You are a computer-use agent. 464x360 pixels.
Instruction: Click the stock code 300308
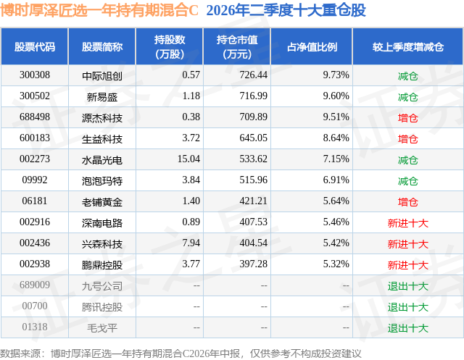(x=35, y=75)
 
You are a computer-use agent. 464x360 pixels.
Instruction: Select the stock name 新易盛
(x=102, y=96)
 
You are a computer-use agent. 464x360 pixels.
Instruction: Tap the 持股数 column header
(x=170, y=46)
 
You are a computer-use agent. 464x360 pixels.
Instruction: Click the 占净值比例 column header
(x=312, y=47)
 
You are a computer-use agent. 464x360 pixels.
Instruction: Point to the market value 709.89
(x=253, y=117)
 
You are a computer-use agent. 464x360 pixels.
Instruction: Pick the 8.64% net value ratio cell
(x=336, y=138)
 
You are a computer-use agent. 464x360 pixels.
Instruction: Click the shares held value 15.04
(x=188, y=159)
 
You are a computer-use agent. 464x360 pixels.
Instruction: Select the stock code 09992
(x=35, y=180)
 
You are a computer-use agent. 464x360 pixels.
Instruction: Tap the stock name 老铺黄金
(x=102, y=202)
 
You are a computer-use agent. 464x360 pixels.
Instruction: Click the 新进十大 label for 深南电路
(x=407, y=223)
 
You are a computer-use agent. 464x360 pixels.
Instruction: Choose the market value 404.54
(x=253, y=243)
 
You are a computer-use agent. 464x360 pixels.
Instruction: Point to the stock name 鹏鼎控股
(x=102, y=265)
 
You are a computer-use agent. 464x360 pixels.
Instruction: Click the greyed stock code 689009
(x=35, y=285)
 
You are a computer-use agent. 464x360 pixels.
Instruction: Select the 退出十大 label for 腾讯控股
(x=407, y=307)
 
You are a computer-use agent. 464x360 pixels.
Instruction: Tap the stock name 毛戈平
(x=102, y=328)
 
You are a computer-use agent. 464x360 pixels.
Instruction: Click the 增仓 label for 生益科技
(x=407, y=139)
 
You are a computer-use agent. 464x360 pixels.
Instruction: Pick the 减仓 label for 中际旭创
(x=407, y=76)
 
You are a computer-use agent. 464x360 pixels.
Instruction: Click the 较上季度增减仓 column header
(x=407, y=47)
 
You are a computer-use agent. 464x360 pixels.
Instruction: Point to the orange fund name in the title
(x=99, y=11)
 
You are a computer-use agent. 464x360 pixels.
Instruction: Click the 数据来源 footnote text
(x=181, y=353)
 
